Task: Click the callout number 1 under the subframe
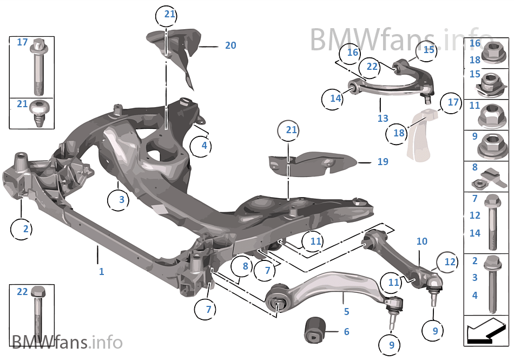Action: [x=101, y=271]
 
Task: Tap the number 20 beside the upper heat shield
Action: [x=230, y=45]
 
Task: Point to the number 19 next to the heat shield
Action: [x=383, y=161]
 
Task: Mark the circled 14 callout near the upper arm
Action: [x=335, y=98]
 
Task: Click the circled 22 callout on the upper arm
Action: [x=372, y=66]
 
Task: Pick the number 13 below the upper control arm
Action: [x=383, y=118]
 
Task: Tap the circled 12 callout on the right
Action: [x=450, y=261]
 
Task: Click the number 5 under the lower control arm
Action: [x=346, y=312]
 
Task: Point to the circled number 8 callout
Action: [x=245, y=266]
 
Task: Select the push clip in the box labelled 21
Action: [x=39, y=112]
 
